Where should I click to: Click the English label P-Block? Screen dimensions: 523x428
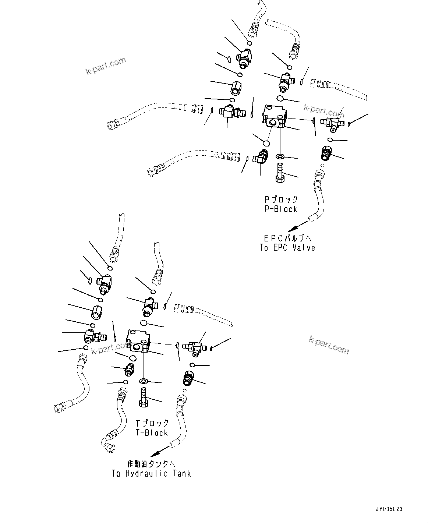click(x=280, y=209)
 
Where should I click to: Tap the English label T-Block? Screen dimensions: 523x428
click(x=152, y=433)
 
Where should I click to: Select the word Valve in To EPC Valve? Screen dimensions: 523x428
click(x=304, y=248)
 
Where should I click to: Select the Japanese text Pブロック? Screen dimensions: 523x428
click(x=281, y=200)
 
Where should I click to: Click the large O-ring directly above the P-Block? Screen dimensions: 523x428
click(x=280, y=98)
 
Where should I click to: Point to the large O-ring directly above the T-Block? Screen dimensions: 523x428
click(x=144, y=323)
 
